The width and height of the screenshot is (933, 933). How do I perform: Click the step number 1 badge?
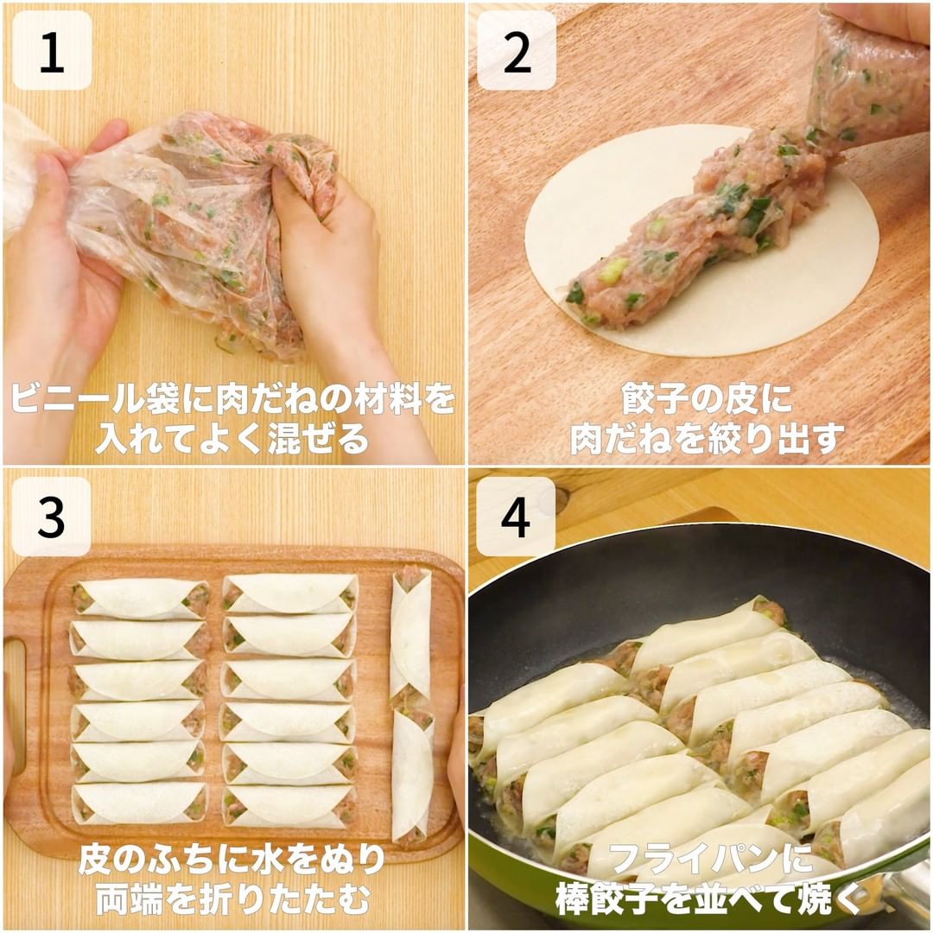coord(52,51)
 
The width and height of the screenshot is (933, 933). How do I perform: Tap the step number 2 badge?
coord(517,51)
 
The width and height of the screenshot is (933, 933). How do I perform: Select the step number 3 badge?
coord(52,517)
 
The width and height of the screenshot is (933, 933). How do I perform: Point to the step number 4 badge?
coord(517,517)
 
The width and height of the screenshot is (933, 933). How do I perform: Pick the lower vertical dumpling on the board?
coord(412,775)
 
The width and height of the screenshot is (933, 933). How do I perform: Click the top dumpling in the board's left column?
coord(141,598)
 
